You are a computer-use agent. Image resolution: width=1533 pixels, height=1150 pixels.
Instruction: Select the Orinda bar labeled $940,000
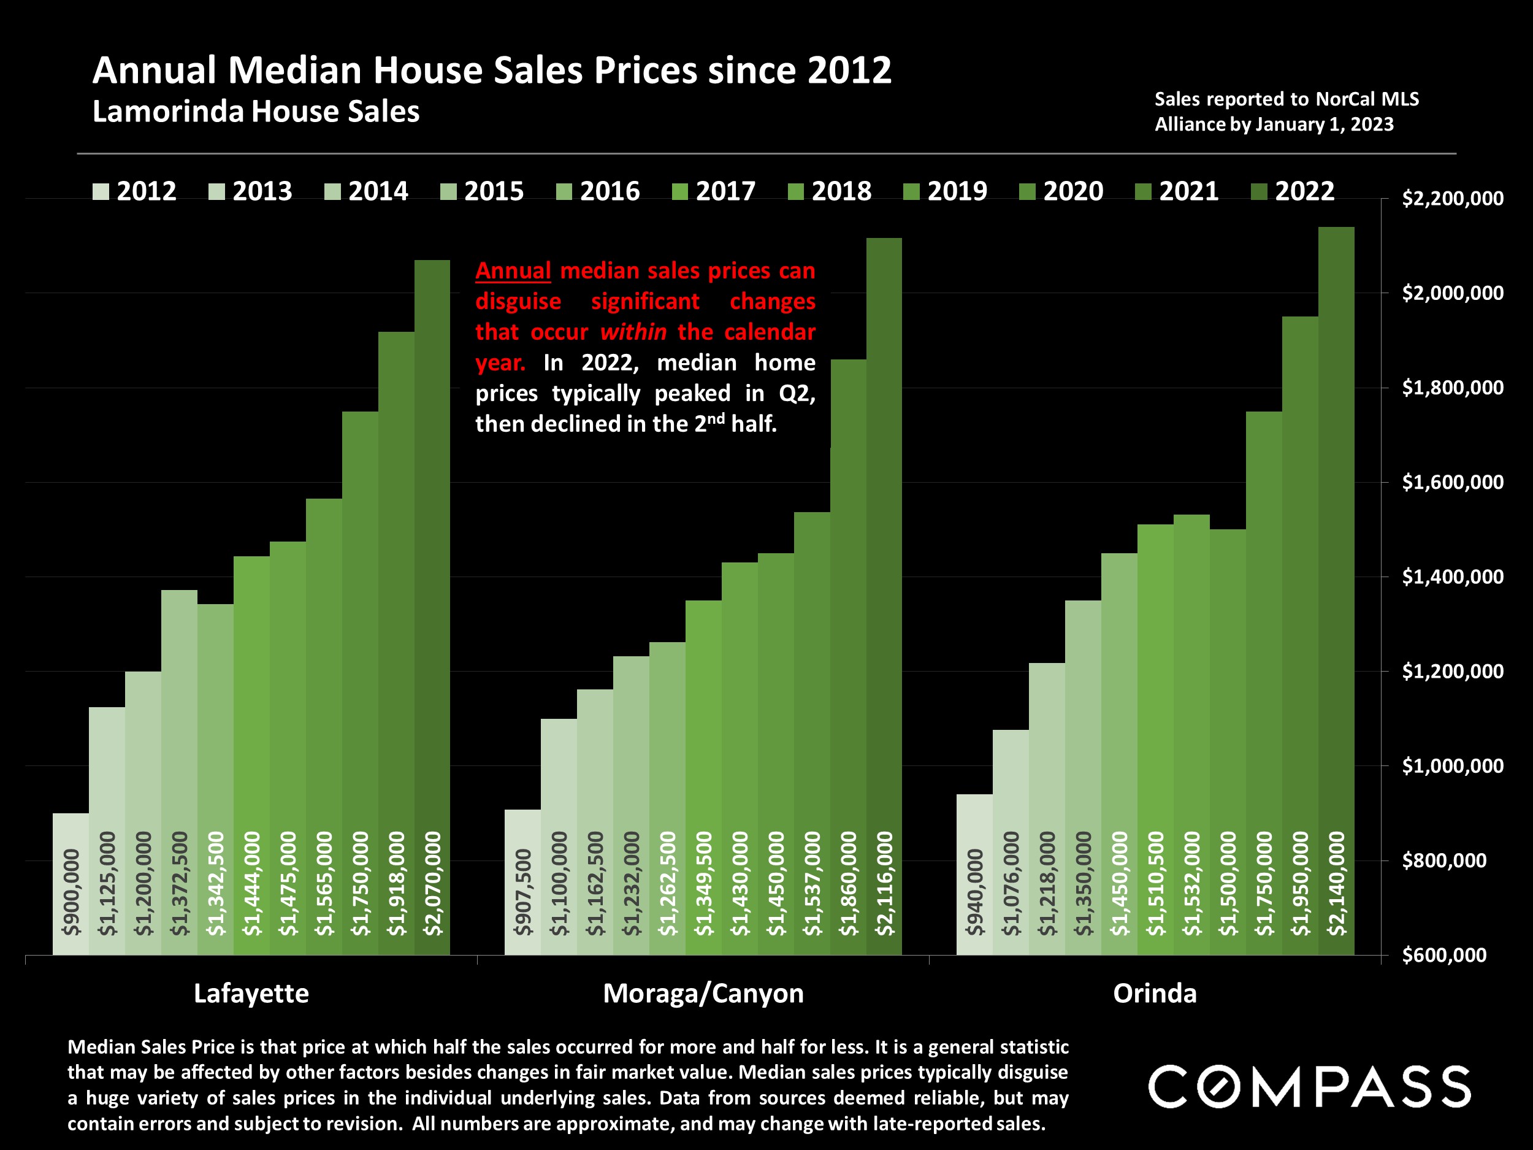pos(974,874)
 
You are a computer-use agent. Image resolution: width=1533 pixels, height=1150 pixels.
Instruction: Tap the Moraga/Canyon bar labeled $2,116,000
pos(884,596)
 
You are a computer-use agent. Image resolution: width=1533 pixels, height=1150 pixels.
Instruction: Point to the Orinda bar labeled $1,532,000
pos(1191,735)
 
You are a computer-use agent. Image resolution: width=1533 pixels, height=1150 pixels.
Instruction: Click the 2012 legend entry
pos(135,191)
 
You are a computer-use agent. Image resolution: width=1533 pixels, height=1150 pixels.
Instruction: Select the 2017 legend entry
pos(714,191)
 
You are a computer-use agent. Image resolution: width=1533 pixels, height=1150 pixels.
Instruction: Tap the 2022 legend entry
pos(1293,191)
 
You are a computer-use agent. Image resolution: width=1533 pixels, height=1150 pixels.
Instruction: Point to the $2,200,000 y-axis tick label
pos(1443,199)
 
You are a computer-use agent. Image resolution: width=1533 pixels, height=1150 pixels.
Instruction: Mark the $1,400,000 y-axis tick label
pos(1443,577)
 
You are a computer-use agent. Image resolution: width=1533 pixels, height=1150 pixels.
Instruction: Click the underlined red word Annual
pos(513,270)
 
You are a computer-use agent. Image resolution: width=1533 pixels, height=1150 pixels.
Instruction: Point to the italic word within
pos(633,332)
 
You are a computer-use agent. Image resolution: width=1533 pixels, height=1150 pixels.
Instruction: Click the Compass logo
pos(1309,1086)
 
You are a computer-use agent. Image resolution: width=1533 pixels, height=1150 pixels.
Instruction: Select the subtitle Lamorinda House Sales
pos(256,112)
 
